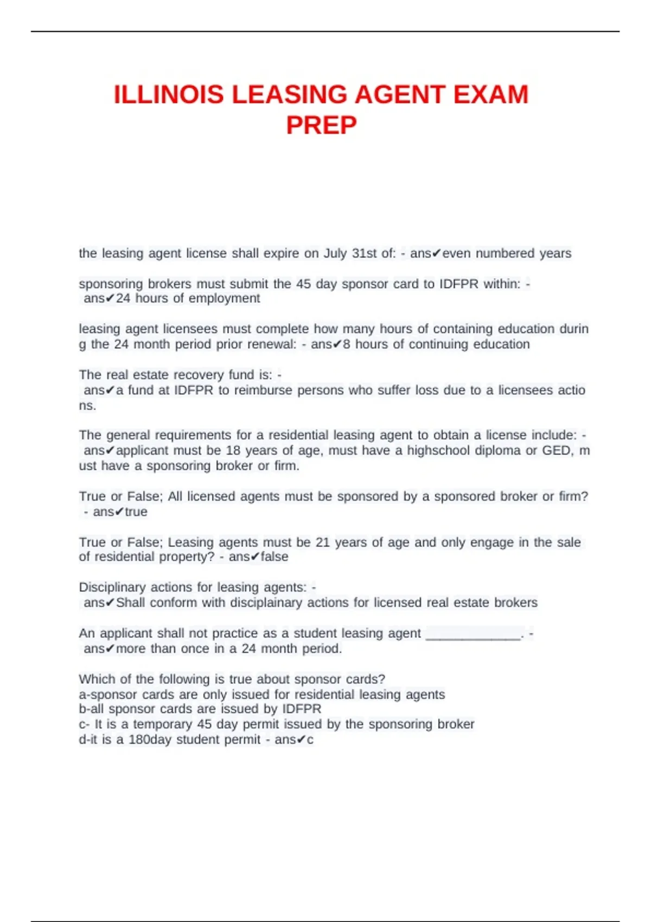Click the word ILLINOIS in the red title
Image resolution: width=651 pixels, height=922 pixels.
168,95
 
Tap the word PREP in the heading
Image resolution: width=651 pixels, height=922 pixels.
321,126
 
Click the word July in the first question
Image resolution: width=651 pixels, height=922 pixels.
335,253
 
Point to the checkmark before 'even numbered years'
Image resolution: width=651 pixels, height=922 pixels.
437,253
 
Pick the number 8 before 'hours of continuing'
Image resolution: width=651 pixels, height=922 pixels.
347,344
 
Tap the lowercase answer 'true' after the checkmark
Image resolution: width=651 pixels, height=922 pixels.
136,512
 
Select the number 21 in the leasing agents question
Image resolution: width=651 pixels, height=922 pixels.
323,542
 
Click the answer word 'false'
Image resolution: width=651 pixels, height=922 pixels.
275,557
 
